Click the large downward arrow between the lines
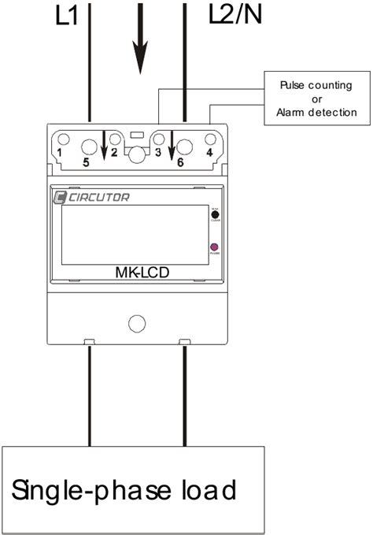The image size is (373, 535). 140,39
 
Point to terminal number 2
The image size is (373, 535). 114,150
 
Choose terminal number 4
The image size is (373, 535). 209,150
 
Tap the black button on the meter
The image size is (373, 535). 214,214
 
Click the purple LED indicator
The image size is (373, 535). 214,248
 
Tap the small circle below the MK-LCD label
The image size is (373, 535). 136,323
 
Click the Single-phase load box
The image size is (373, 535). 134,489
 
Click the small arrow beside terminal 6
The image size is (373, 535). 170,143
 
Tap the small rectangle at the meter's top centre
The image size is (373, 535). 136,136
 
